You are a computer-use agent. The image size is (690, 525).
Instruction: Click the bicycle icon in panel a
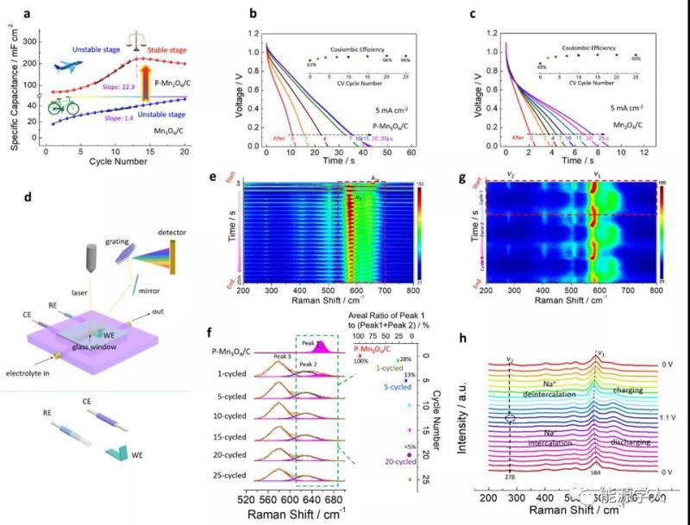[x=62, y=106]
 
